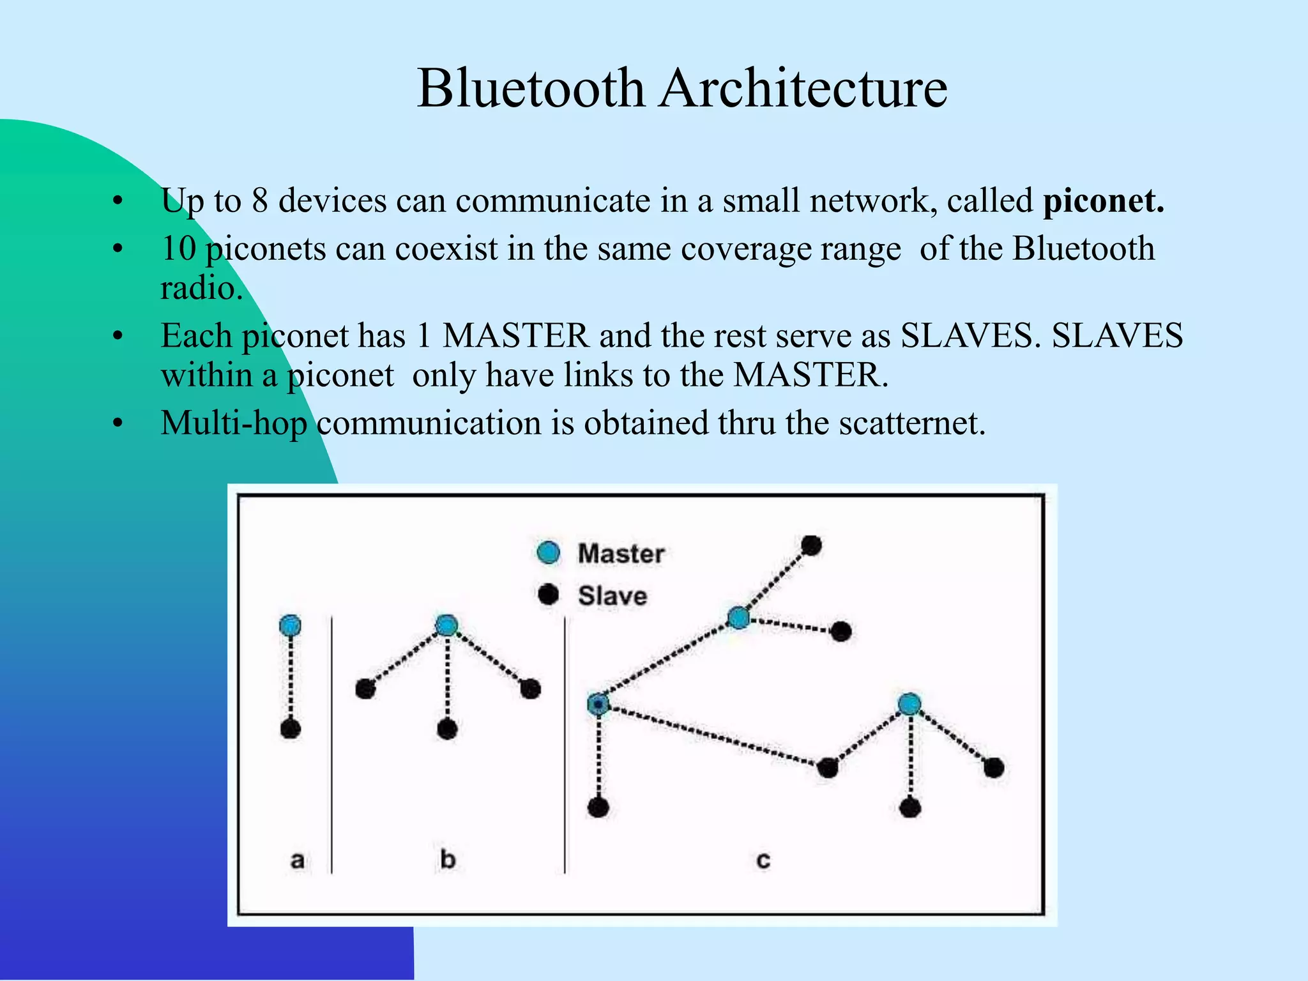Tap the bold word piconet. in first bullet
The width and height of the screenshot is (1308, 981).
tap(1104, 201)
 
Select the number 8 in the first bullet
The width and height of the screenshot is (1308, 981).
tap(259, 201)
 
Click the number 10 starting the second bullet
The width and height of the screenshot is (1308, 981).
tap(178, 248)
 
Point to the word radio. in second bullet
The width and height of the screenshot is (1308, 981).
tap(201, 288)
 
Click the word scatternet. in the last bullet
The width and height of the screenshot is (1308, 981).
tap(913, 423)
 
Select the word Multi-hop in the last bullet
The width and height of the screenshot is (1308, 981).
tap(234, 423)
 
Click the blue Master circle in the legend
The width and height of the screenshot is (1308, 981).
tap(549, 552)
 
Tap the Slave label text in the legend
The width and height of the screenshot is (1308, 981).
tap(612, 596)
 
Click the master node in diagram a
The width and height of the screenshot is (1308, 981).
tap(290, 625)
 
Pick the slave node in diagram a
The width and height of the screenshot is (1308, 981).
tap(291, 729)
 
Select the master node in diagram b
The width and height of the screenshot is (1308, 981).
tap(446, 625)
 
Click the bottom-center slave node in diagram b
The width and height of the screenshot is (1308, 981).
tap(447, 729)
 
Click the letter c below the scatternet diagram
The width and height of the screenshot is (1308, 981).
tap(763, 860)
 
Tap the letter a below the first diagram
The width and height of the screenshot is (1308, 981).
tap(297, 860)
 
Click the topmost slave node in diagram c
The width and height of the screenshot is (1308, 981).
tap(811, 545)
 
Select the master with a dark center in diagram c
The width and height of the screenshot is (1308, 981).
tap(598, 704)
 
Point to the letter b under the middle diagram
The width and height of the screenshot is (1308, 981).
tap(448, 859)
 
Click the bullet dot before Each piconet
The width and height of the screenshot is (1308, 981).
tap(117, 337)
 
